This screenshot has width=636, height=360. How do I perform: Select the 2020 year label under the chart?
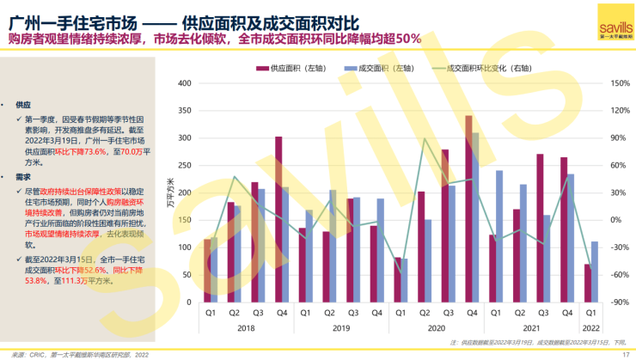tap(437, 327)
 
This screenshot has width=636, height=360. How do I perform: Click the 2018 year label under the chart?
tap(245, 327)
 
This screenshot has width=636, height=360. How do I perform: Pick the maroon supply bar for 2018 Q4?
tap(278, 219)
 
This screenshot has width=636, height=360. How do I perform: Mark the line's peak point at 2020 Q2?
tap(424, 138)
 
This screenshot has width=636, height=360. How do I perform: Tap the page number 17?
tap(626, 355)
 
